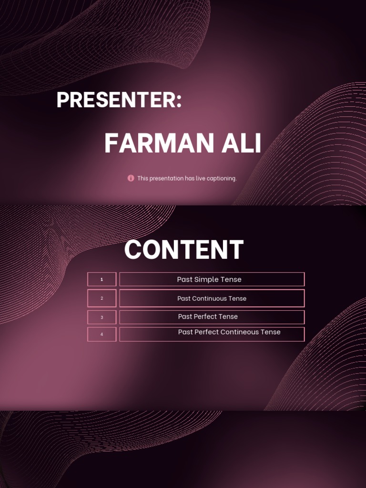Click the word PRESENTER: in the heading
[119, 100]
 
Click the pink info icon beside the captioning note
[131, 178]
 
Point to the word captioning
[220, 179]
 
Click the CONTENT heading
[184, 250]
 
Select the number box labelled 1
[102, 279]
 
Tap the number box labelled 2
[102, 298]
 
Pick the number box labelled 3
[102, 317]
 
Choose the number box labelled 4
[102, 334]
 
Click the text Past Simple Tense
[209, 280]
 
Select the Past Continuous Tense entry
[212, 299]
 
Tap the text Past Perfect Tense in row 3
[208, 316]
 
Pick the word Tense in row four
[271, 332]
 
